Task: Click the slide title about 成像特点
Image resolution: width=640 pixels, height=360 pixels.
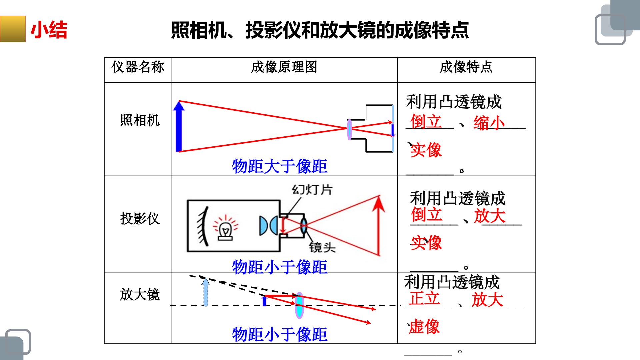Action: (320, 30)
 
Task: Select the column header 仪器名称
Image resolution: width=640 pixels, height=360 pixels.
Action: (138, 67)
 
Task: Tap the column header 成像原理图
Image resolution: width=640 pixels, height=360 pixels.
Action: (284, 67)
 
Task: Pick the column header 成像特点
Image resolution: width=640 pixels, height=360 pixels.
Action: (466, 67)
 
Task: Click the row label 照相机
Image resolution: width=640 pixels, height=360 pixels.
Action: (140, 120)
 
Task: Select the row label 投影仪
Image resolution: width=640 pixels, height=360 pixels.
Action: (140, 219)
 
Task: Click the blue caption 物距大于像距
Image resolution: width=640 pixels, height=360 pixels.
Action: (280, 166)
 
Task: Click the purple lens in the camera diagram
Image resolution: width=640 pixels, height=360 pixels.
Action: (349, 129)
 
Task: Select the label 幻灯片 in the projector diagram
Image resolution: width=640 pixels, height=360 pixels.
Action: (312, 190)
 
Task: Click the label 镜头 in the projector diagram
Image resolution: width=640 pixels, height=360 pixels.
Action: (322, 247)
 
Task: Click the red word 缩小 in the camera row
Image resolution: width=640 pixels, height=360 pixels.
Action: (489, 123)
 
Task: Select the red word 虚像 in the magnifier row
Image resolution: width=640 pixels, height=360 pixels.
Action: (424, 326)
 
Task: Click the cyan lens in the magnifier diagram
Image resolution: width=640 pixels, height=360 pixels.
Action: (299, 305)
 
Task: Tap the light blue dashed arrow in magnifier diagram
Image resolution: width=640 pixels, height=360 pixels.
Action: (206, 292)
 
